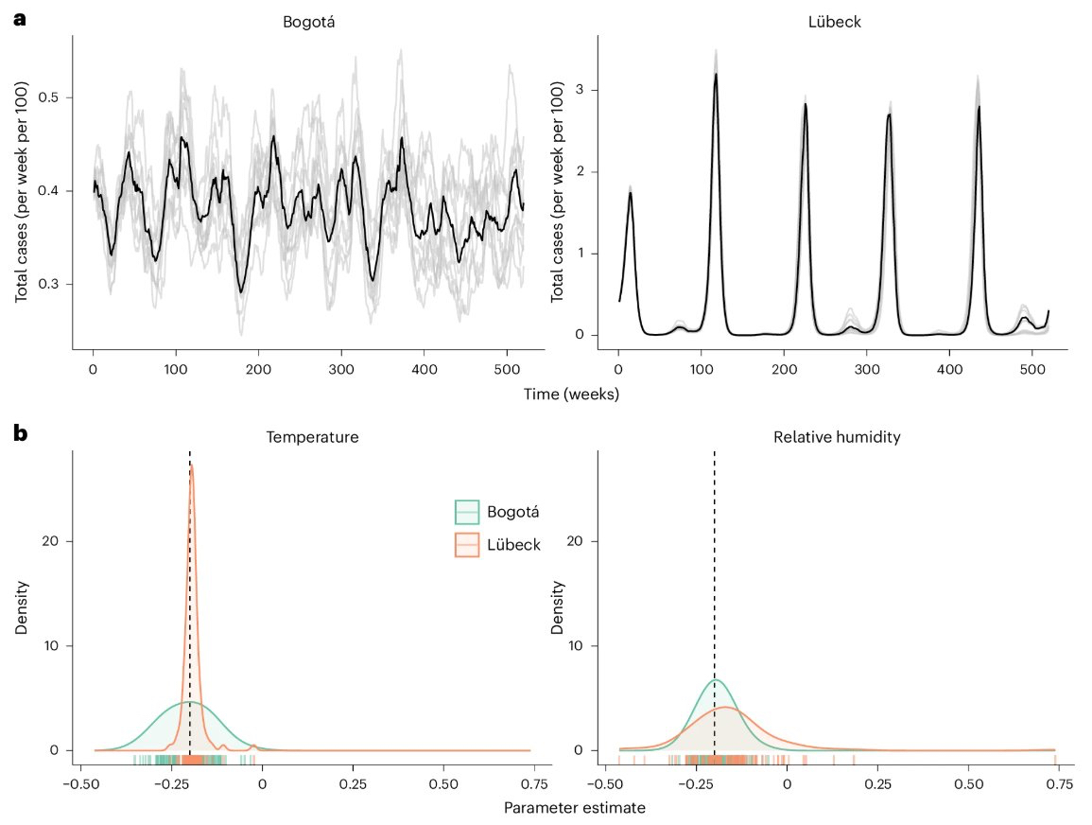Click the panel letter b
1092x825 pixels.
pyautogui.click(x=20, y=434)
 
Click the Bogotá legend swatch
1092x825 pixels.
pyautogui.click(x=468, y=512)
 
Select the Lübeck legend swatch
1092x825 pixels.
pyautogui.click(x=468, y=546)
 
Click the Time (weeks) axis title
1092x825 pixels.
pyautogui.click(x=571, y=395)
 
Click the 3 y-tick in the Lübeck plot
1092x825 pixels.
pyautogui.click(x=578, y=90)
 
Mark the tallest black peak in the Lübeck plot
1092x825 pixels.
pyautogui.click(x=716, y=75)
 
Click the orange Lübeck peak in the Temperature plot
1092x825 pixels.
pyautogui.click(x=192, y=466)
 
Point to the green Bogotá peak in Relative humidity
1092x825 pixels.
pyautogui.click(x=715, y=680)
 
